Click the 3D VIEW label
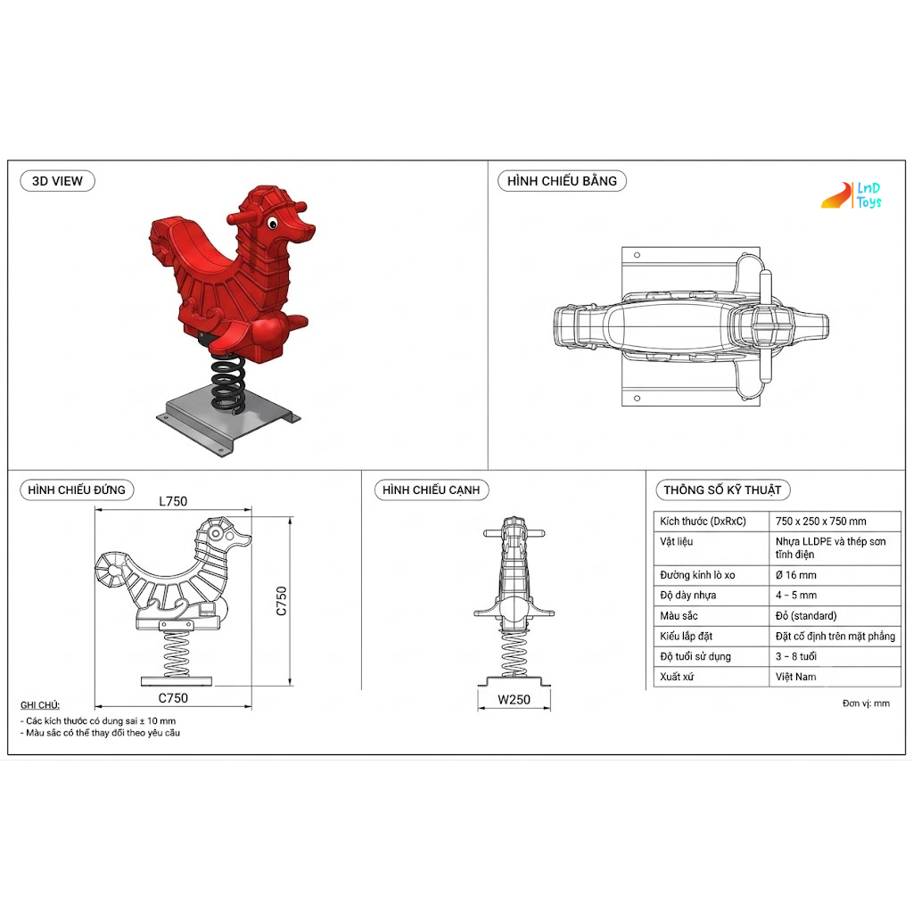tap(57, 181)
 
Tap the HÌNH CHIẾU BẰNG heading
tap(562, 181)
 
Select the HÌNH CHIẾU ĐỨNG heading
tap(77, 489)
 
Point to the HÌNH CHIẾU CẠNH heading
tap(431, 489)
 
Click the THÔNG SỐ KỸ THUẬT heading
tap(722, 489)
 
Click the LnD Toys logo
tap(851, 195)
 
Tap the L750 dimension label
tap(173, 501)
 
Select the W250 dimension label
tap(514, 700)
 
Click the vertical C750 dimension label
tap(281, 601)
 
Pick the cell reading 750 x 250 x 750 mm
tap(820, 521)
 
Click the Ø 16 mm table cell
tap(796, 575)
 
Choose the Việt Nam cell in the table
tap(795, 677)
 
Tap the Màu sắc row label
tap(679, 615)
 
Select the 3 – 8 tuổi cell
tap(796, 656)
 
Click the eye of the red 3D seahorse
tap(273, 223)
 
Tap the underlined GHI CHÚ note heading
tap(39, 705)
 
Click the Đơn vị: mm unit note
tap(866, 703)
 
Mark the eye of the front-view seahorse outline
tap(216, 533)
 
